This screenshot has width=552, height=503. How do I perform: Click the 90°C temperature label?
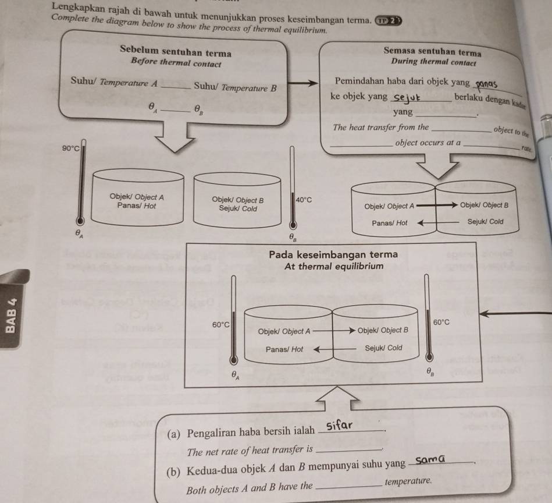tap(70, 149)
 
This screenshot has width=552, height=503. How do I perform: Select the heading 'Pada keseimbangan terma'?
tap(333, 254)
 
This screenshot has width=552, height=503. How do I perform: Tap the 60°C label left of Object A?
tap(221, 324)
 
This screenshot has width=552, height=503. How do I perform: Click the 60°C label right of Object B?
tap(442, 322)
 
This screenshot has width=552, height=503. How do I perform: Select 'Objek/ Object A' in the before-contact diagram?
tap(137, 197)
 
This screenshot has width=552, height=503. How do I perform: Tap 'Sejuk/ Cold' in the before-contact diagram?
tap(238, 208)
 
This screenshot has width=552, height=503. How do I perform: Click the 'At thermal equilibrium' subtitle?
tap(334, 266)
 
